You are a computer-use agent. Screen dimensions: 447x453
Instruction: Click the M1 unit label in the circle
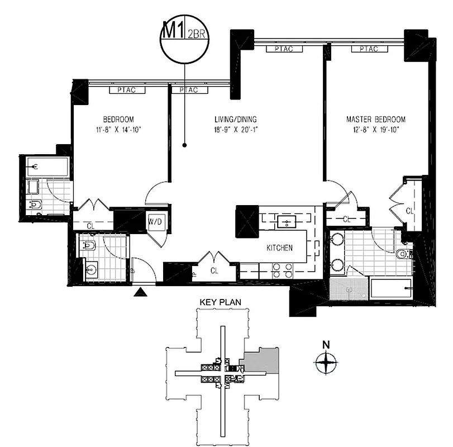(x=173, y=30)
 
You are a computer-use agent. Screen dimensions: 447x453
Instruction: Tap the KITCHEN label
(x=279, y=248)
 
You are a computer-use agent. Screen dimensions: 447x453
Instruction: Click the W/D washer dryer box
(x=155, y=222)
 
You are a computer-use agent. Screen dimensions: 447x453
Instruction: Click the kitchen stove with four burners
(x=283, y=270)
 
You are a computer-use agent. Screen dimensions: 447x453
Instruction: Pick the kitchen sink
(x=287, y=222)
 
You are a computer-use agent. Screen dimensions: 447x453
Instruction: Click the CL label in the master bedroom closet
(x=409, y=211)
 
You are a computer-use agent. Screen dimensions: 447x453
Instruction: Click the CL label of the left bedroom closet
(x=90, y=226)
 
